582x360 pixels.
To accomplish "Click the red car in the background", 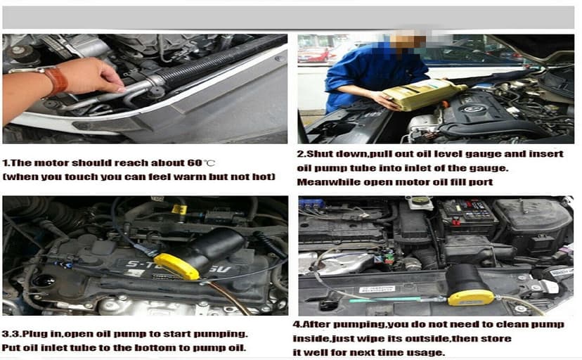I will (x=313, y=55).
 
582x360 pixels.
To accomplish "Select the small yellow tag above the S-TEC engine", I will (x=180, y=210).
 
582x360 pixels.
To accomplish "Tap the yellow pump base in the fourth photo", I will (x=470, y=297).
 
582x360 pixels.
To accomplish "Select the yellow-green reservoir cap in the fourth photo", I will (x=420, y=201).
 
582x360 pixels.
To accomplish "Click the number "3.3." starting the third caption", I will (x=14, y=333).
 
